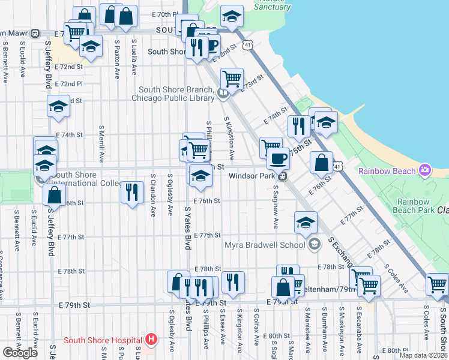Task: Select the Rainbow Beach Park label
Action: tap(415, 206)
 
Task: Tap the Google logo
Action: tap(20, 353)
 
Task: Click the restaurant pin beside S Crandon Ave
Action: tap(132, 192)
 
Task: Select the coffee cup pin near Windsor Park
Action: tap(278, 158)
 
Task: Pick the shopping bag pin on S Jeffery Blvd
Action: tap(55, 195)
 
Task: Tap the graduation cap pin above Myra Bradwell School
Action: tap(306, 223)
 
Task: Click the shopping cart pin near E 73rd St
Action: tap(231, 77)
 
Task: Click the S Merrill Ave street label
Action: tap(101, 145)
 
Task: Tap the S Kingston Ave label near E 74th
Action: tap(229, 134)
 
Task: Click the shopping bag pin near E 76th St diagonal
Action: tap(322, 162)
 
